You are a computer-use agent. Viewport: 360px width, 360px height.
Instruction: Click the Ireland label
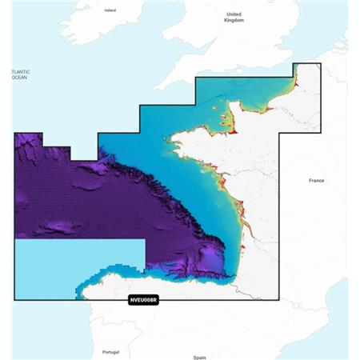[110, 10]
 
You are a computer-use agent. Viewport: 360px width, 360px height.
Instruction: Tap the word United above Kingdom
[234, 14]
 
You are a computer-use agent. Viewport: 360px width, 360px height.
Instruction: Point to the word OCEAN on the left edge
[18, 78]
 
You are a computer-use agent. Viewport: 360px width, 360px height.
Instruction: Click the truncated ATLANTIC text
[19, 72]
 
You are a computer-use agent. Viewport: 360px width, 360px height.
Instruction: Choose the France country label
[316, 181]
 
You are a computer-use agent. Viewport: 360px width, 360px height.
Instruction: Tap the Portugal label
[110, 352]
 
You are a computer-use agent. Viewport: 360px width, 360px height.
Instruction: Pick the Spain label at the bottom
[199, 357]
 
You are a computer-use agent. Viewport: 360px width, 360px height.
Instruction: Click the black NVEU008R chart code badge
[144, 300]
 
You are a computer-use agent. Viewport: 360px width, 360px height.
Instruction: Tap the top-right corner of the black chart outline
[320, 63]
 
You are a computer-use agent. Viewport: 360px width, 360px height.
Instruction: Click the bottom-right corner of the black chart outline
[278, 300]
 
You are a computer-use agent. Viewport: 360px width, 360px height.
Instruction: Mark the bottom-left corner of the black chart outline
[14, 300]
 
